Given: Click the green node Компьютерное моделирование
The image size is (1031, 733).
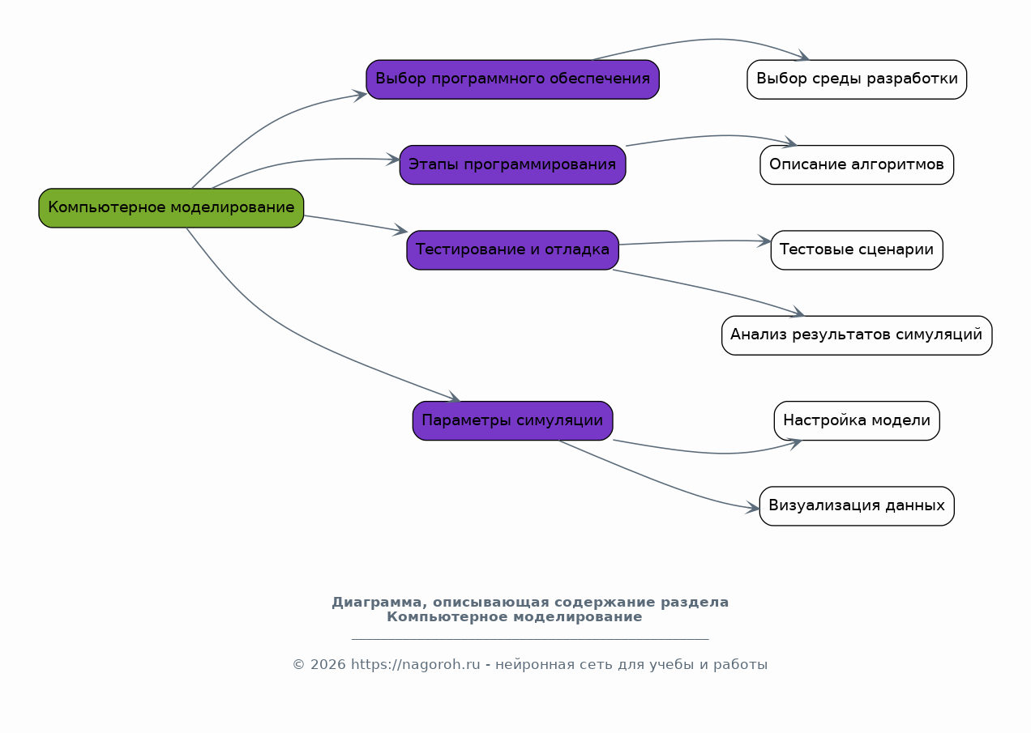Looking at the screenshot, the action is [171, 208].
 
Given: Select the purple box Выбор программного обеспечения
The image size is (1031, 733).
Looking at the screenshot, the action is [513, 79].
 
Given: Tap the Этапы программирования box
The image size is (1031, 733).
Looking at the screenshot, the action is [513, 165].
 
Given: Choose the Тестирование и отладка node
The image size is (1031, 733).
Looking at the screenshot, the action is [513, 250].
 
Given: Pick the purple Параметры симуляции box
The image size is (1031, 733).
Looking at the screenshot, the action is [513, 420].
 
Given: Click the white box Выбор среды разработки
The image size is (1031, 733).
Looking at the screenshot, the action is [857, 79].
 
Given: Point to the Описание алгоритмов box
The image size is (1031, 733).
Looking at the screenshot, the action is [857, 165].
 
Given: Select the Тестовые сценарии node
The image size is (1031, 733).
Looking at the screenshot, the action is [857, 250].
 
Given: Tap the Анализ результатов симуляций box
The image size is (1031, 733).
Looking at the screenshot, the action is [857, 335].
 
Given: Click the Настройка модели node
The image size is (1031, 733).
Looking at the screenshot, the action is [857, 420].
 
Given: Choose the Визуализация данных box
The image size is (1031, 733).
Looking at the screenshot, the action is [857, 506].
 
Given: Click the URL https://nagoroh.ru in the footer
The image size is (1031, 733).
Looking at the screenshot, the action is [416, 664].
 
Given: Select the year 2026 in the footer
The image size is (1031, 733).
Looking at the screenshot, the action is [327, 664].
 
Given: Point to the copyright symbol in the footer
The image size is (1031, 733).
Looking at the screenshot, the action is [299, 665].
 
